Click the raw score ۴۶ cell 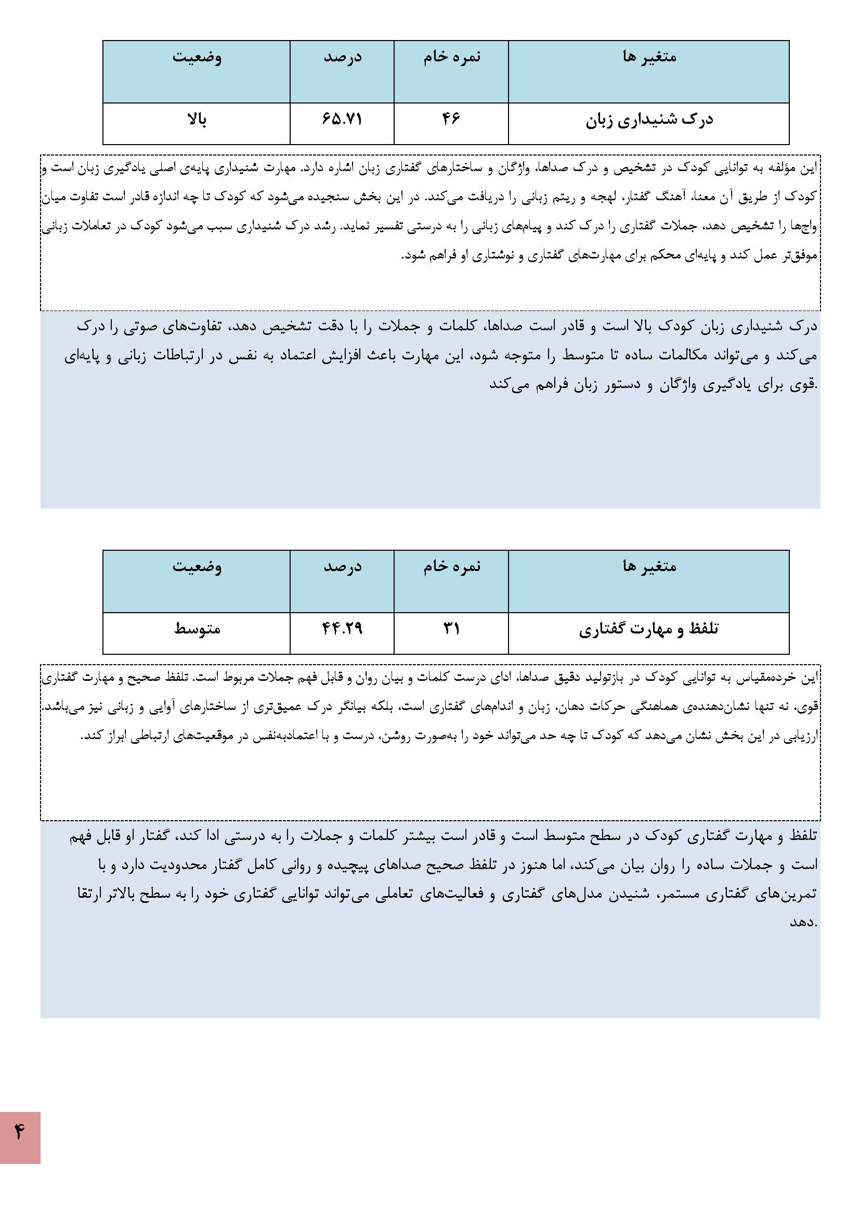coord(451,120)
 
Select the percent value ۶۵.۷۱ coord(342,120)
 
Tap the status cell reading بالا coord(197,120)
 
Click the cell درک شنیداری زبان coord(649,120)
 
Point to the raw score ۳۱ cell coord(451,629)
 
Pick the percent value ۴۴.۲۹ coord(342,629)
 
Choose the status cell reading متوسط coord(197,629)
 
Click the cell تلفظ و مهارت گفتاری coord(649,629)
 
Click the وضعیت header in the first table coord(197,57)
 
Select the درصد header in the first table coord(342,57)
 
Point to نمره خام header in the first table coord(451,57)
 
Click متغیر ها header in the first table coord(649,57)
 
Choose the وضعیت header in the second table coord(197,567)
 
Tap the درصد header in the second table coord(342,567)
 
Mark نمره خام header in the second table coord(451,567)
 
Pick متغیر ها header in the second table coord(649,567)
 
